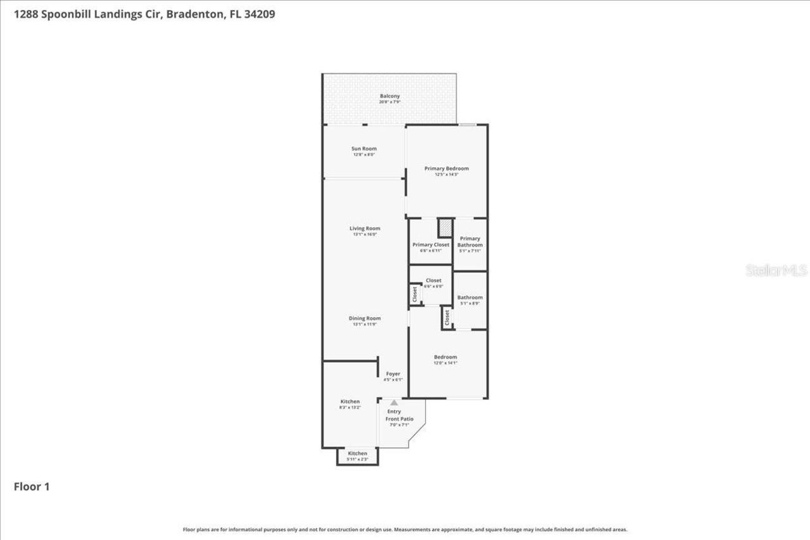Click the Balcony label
tap(389, 96)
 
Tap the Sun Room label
tap(364, 149)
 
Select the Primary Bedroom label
tap(446, 168)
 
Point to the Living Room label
tap(364, 229)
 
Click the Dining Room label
tap(364, 318)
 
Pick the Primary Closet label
tap(430, 245)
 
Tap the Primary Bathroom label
tap(470, 242)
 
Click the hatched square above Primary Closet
tap(445, 227)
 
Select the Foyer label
tap(393, 374)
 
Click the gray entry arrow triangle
tap(394, 403)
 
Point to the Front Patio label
tap(399, 418)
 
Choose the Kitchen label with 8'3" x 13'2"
tap(350, 402)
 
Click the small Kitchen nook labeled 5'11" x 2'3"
tap(358, 456)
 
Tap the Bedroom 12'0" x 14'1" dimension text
tap(445, 363)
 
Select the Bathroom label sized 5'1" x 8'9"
tap(470, 298)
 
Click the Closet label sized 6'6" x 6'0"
tap(433, 280)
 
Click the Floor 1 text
tap(32, 487)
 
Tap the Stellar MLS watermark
tap(776, 270)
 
